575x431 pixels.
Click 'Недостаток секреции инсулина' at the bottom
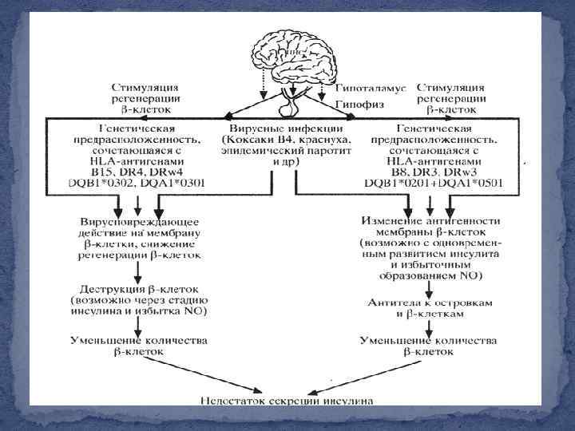(x=287, y=400)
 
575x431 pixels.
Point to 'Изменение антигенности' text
(x=430, y=219)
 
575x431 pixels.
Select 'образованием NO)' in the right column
(x=430, y=275)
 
